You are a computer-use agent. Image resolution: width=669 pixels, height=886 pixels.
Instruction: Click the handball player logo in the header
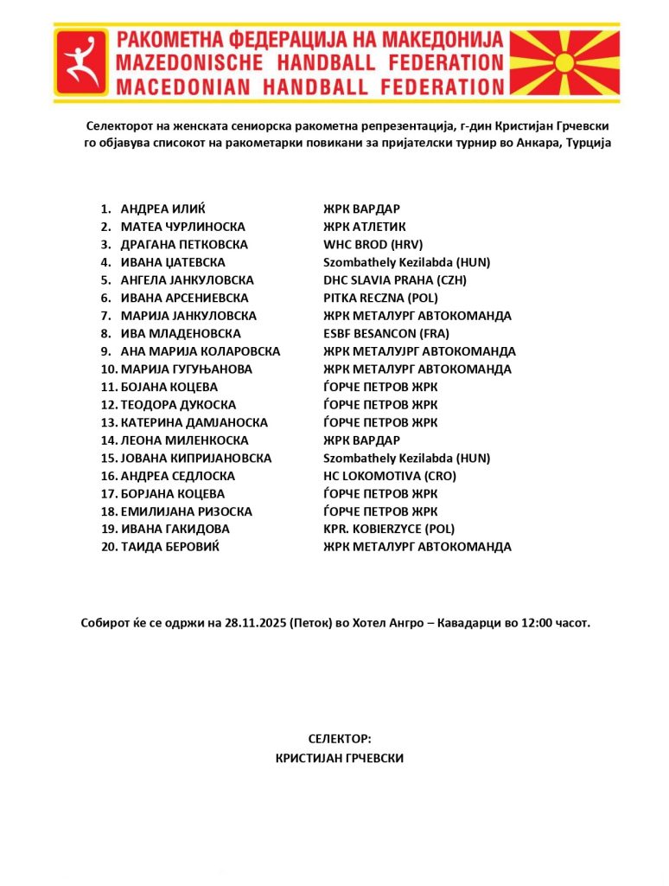[82, 61]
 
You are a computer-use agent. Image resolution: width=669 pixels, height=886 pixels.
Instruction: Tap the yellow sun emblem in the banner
[564, 62]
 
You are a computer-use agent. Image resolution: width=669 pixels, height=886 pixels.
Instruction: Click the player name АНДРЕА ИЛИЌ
[163, 209]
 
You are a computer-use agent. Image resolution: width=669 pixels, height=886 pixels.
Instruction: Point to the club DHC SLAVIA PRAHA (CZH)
[395, 280]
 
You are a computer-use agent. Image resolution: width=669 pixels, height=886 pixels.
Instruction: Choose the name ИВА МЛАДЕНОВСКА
[181, 333]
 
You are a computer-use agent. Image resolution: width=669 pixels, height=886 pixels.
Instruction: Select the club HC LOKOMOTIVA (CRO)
[390, 476]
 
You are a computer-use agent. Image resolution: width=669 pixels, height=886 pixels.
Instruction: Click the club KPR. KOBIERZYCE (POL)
[389, 529]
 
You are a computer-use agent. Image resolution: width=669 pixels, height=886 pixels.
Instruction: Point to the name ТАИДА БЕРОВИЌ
[169, 547]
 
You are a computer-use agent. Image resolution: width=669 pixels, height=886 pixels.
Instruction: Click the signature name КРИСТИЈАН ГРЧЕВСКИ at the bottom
[339, 758]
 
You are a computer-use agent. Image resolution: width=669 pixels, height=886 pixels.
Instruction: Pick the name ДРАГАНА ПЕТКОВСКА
[184, 245]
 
